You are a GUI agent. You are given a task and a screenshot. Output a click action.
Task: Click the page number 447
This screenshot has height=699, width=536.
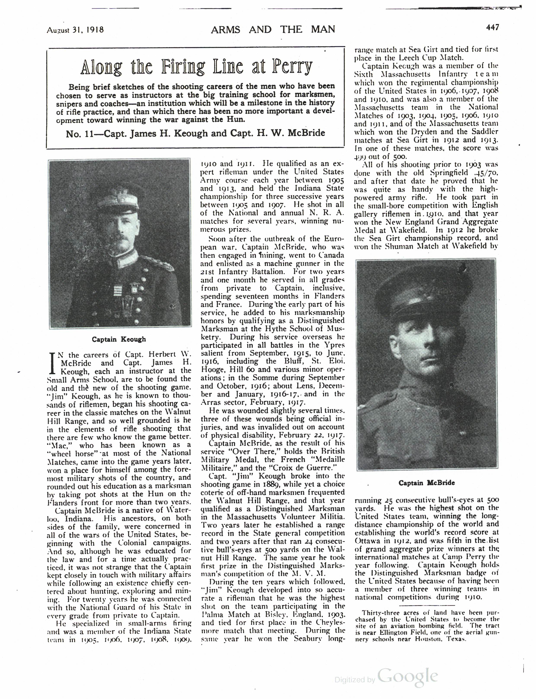(x=492, y=28)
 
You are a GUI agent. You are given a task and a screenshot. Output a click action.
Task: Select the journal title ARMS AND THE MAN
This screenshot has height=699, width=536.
(x=273, y=29)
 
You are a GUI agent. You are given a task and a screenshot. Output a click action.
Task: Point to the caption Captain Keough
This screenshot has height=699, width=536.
(x=119, y=339)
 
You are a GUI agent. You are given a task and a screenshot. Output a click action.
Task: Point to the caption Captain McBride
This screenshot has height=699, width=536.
(x=427, y=483)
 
